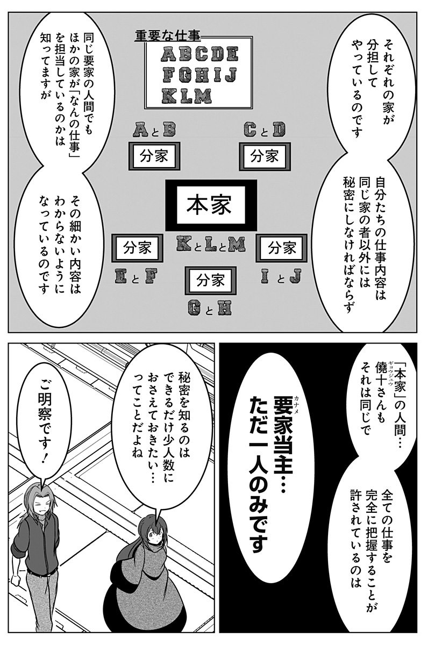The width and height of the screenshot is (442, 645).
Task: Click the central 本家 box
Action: point(211,205)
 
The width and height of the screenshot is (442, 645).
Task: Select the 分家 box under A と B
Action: point(154,156)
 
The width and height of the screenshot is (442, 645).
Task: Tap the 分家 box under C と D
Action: point(265,156)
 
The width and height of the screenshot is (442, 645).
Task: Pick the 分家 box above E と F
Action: point(138,248)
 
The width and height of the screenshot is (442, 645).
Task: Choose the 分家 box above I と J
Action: point(282,248)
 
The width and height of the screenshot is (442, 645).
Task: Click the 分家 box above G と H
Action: point(211,281)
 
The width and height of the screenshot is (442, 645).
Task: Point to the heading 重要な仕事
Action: point(168,37)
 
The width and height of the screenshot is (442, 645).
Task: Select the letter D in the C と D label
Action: point(279,130)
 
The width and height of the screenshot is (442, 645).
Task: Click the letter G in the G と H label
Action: point(196,307)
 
